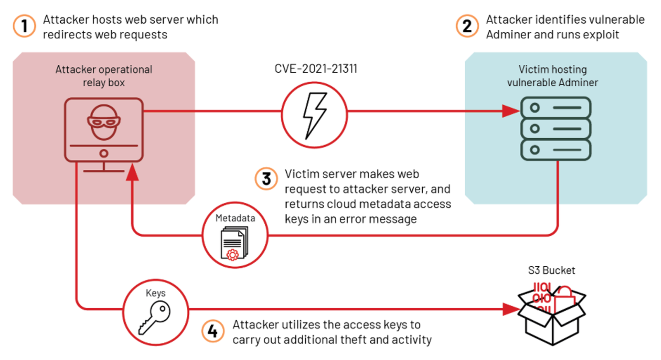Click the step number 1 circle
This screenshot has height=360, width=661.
pos(24,26)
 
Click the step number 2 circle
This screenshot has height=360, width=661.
pos(467,26)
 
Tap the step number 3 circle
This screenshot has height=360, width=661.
pos(266,179)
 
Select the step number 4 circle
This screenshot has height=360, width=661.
pos(213,331)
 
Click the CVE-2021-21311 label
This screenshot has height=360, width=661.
pos(316,69)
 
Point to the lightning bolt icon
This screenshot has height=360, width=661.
pos(314,115)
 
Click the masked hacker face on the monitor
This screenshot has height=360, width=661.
pos(104,122)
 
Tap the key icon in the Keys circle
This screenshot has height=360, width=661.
pos(155,317)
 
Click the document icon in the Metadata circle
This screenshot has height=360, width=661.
pos(234,244)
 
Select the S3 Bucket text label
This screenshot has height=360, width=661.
pos(551,270)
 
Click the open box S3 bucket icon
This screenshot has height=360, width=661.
pos(552,316)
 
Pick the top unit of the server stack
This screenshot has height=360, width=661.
pos(556,108)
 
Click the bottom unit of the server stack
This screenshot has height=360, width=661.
pos(556,150)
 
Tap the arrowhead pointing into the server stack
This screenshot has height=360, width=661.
pos(511,111)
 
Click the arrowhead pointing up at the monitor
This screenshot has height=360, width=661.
pos(132,172)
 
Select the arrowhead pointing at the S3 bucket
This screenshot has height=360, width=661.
pos(511,309)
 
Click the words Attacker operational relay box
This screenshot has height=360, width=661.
pos(104,76)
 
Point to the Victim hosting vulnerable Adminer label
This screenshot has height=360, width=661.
pos(552,76)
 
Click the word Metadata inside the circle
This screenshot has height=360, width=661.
pos(235,218)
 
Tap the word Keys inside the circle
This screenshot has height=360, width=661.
pos(155,293)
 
